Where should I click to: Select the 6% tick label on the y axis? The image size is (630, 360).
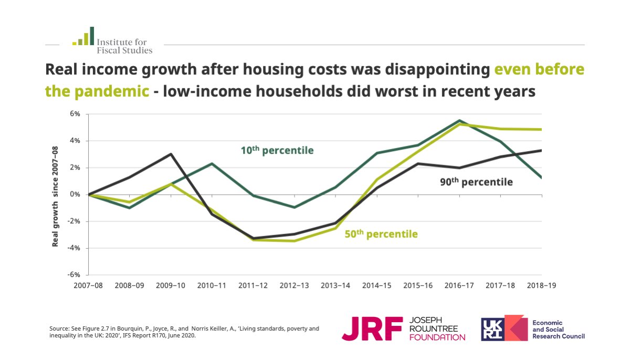click(x=75, y=114)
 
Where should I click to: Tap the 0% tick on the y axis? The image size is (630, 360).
click(x=75, y=195)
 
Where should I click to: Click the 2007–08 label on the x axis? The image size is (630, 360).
click(x=88, y=285)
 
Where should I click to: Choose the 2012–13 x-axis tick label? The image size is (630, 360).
click(x=294, y=285)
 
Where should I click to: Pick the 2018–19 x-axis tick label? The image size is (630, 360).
click(x=541, y=285)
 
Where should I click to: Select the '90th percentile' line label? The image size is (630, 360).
click(x=476, y=182)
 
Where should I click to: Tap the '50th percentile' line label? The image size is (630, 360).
click(x=381, y=234)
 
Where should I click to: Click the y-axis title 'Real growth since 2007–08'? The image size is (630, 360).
click(x=55, y=197)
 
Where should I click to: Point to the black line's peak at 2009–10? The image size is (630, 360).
click(x=171, y=154)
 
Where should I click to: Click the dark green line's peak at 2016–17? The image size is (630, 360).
click(x=459, y=121)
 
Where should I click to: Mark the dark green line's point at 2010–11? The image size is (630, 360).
click(x=212, y=164)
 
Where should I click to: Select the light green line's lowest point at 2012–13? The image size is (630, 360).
click(x=294, y=241)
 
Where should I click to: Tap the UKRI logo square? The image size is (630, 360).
click(x=494, y=329)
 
